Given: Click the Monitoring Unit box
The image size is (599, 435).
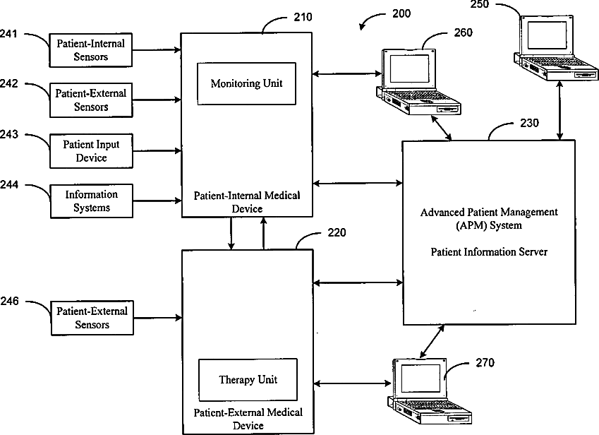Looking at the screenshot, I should (246, 83).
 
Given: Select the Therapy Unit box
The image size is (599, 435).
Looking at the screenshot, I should (248, 380).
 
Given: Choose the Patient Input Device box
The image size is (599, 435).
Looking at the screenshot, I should (91, 150).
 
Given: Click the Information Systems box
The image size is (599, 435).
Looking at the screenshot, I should (91, 201).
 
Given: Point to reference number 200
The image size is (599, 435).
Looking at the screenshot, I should (399, 13).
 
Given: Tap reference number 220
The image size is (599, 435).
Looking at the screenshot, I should (337, 233).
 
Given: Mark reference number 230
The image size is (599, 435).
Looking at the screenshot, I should (529, 123).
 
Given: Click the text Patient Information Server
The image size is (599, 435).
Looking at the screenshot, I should (489, 252).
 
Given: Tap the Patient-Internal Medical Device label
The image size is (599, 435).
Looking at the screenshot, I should (247, 202).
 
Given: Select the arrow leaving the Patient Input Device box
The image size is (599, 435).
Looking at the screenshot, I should (156, 150).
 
